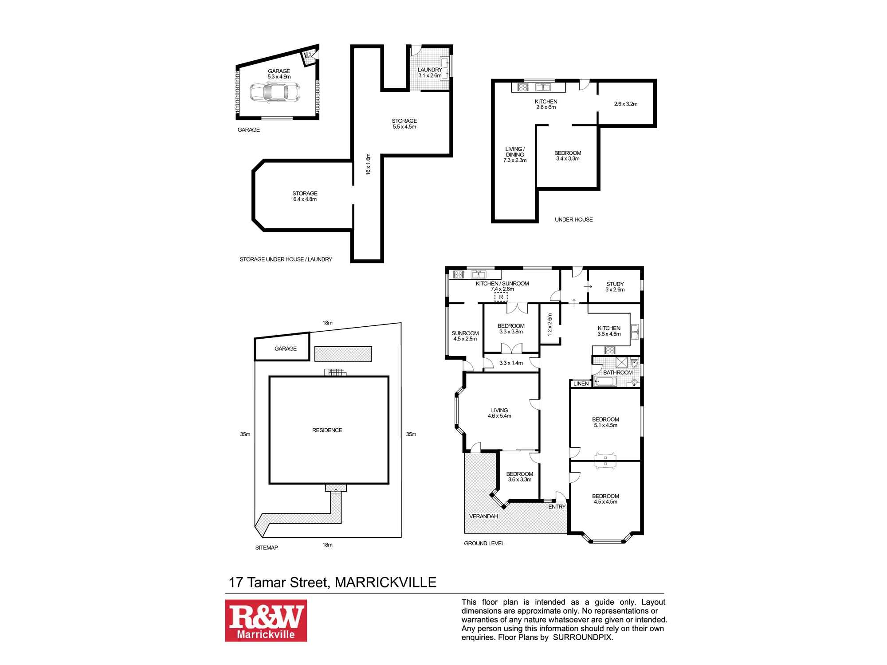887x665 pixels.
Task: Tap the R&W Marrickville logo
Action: tap(266, 620)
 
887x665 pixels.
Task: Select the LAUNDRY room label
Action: tap(430, 70)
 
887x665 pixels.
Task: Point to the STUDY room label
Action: tap(615, 284)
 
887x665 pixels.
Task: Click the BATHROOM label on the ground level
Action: tap(618, 372)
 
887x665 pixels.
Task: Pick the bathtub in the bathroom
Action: tap(604, 382)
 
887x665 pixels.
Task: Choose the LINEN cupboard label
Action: tap(581, 383)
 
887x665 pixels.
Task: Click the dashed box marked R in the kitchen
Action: tap(501, 297)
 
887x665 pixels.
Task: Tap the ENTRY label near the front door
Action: tap(557, 507)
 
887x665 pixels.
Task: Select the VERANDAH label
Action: tap(483, 516)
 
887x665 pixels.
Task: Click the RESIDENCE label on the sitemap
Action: tap(327, 430)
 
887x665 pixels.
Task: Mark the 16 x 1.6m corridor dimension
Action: tap(368, 164)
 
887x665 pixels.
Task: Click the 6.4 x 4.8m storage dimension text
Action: tap(305, 199)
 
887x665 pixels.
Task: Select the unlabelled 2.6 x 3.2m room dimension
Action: tap(626, 104)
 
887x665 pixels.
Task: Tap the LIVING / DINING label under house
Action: tap(515, 152)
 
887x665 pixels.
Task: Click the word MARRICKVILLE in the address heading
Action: tap(385, 582)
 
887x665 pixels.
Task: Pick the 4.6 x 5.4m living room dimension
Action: tap(499, 416)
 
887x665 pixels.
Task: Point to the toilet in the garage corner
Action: tap(307, 56)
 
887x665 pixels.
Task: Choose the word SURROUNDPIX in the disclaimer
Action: tap(582, 638)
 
